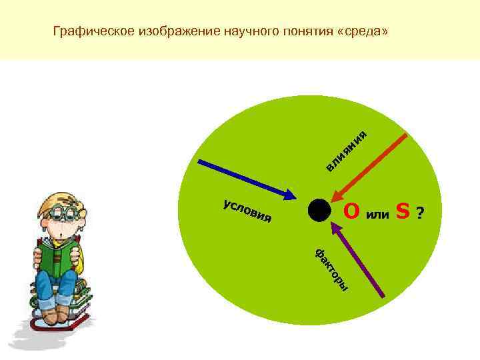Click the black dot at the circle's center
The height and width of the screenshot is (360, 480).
coord(319,210)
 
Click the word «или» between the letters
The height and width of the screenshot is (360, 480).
coord(377,213)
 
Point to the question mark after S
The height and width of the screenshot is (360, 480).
coord(419,213)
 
